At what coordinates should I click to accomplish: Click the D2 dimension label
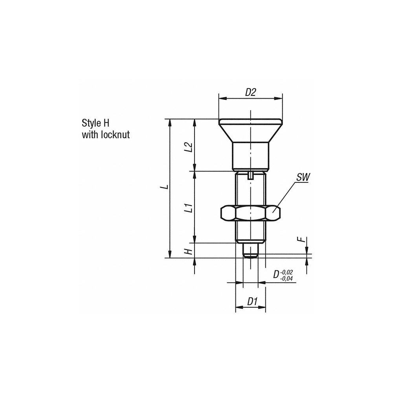point(250,92)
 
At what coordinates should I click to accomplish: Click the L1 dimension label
point(189,207)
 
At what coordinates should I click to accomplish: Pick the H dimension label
point(189,250)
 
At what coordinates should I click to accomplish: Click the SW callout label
point(303,178)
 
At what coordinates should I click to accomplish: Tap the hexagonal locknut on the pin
point(250,213)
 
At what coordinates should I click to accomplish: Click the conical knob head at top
point(250,130)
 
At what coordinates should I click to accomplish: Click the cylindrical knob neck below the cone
point(250,155)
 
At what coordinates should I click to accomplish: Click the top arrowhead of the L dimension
point(170,121)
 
